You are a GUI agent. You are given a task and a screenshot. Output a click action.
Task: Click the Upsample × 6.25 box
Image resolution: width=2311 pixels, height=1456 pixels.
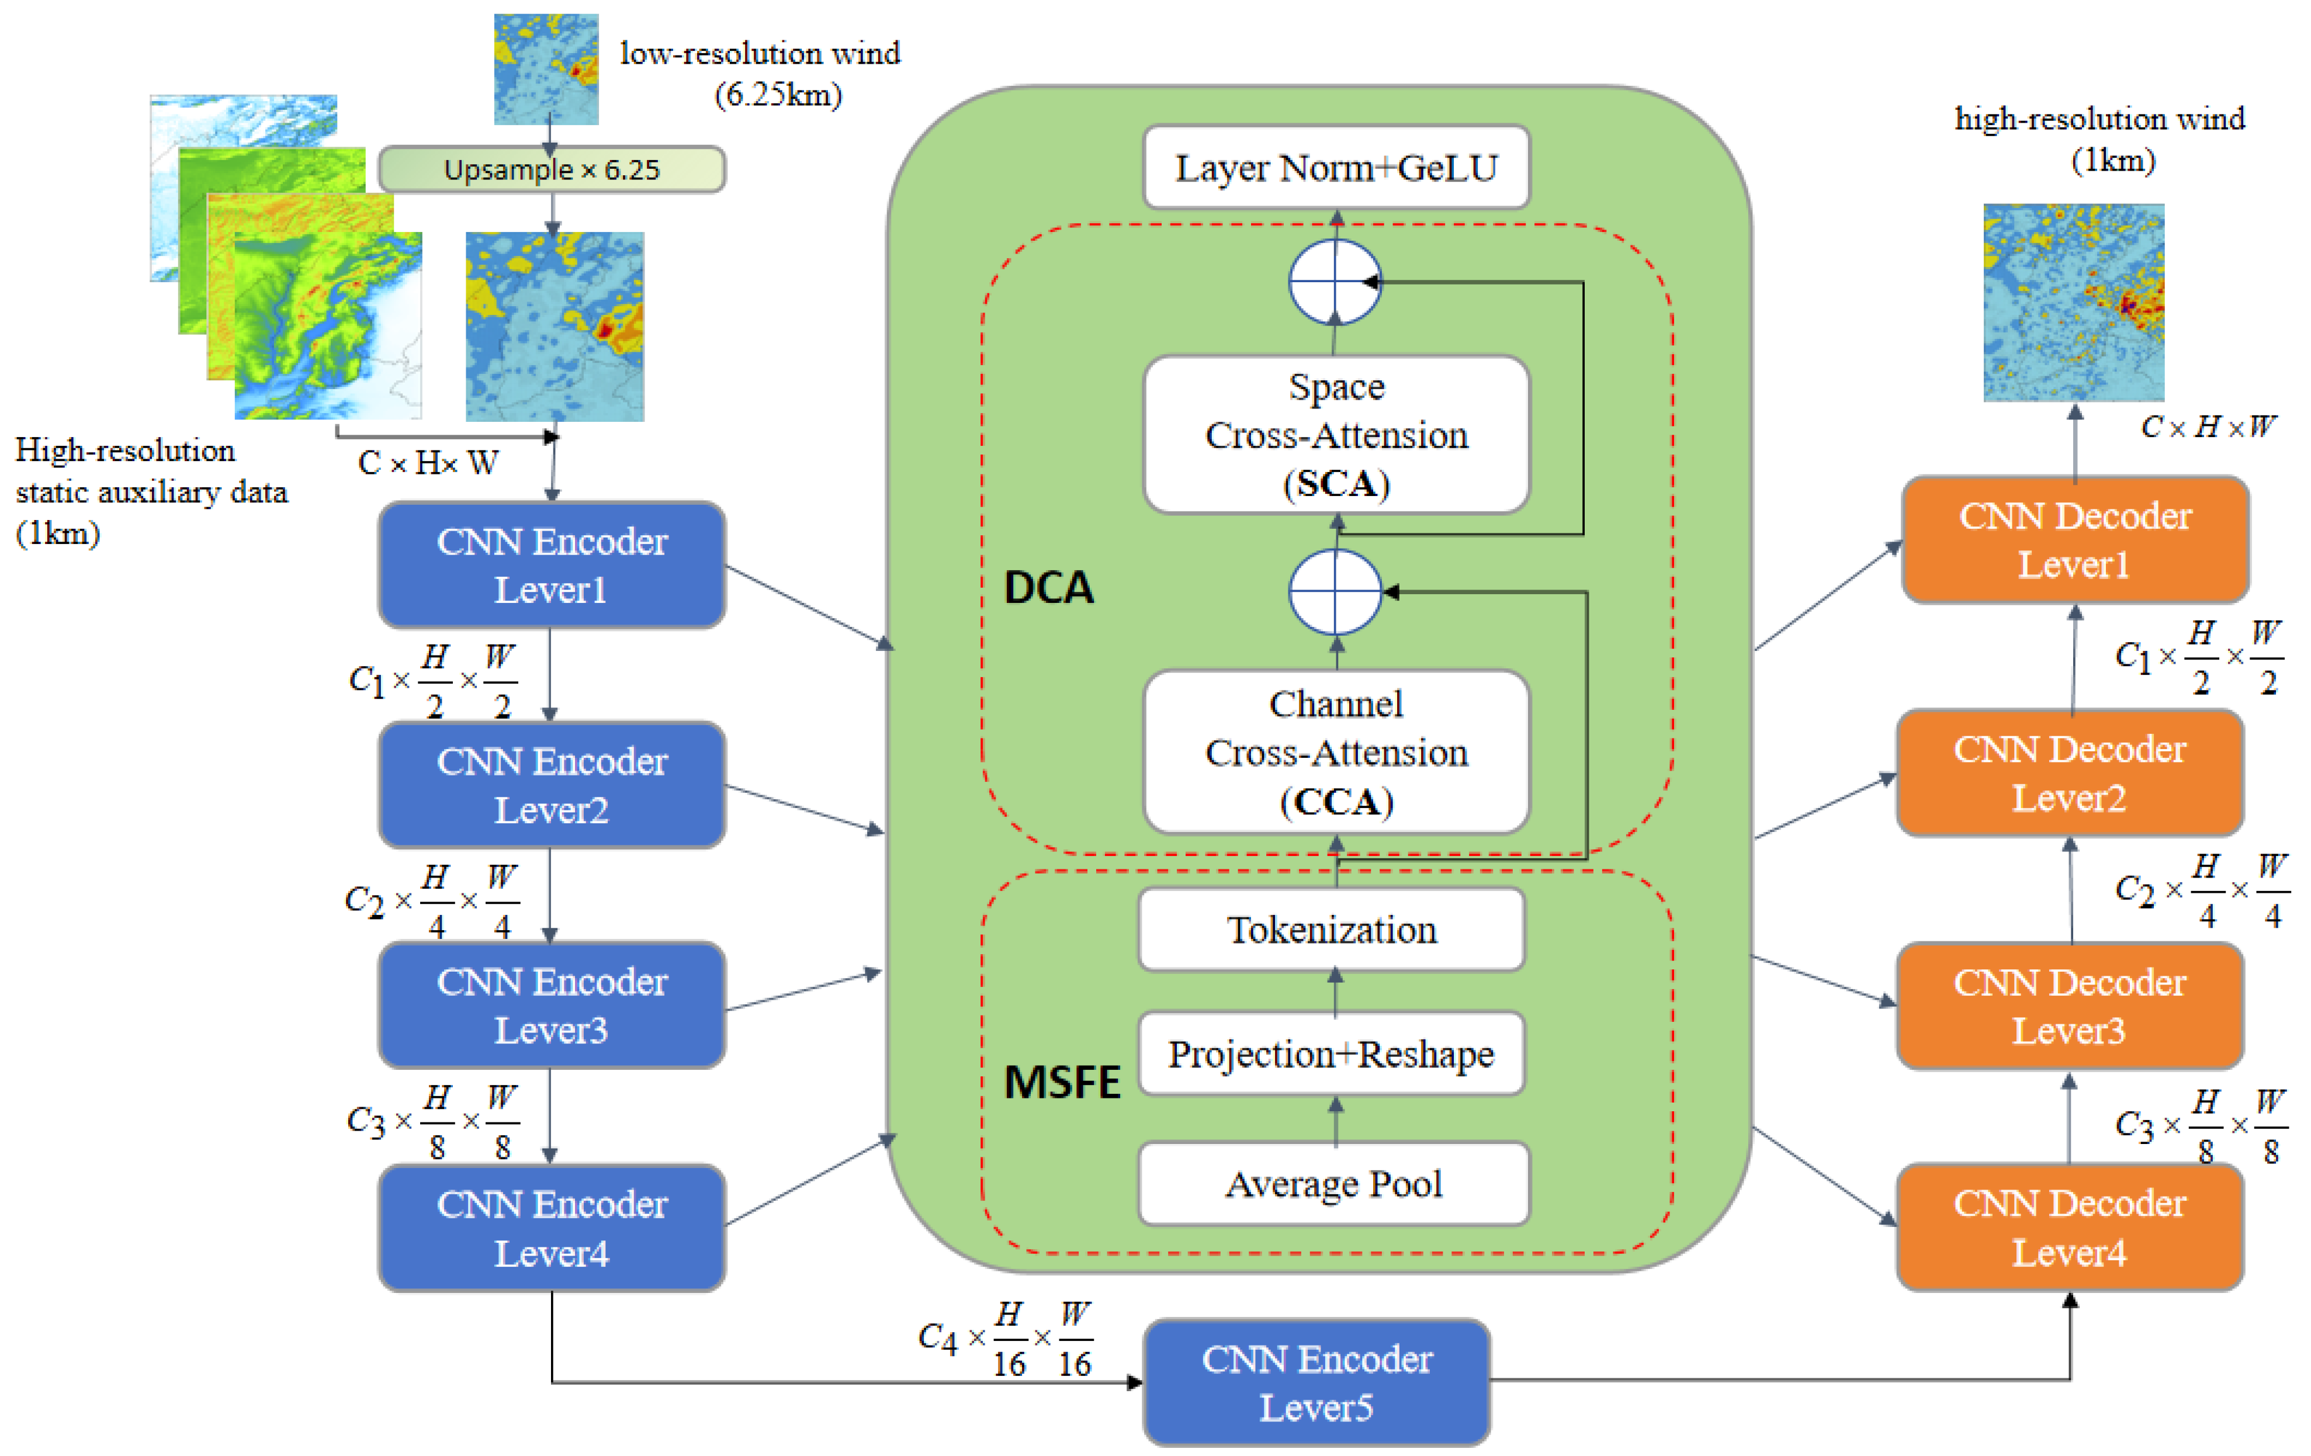click(x=552, y=170)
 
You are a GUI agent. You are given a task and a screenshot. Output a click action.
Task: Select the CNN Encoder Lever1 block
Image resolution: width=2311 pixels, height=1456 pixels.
click(x=552, y=566)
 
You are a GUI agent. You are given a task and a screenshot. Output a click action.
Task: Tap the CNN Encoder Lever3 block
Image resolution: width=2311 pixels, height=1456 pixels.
click(x=552, y=1005)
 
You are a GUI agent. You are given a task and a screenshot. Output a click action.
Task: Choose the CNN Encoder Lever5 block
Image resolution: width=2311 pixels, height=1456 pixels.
click(x=1316, y=1383)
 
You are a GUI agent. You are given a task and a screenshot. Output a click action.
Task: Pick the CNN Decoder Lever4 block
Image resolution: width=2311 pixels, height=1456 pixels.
click(x=2070, y=1228)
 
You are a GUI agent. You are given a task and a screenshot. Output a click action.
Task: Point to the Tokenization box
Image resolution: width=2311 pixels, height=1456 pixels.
click(x=1332, y=929)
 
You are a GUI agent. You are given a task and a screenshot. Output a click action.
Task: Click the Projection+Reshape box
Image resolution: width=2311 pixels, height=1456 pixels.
click(x=1332, y=1054)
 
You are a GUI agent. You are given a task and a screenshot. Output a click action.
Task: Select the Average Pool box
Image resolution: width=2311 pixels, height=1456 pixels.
click(x=1334, y=1183)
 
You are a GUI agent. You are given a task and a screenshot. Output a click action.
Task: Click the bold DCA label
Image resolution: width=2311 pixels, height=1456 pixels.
click(x=1049, y=587)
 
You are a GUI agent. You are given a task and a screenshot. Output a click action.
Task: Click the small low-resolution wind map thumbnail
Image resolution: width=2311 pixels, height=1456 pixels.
click(x=546, y=69)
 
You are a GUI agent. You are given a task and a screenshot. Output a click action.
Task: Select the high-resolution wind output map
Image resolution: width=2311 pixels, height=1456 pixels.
click(x=2074, y=302)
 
